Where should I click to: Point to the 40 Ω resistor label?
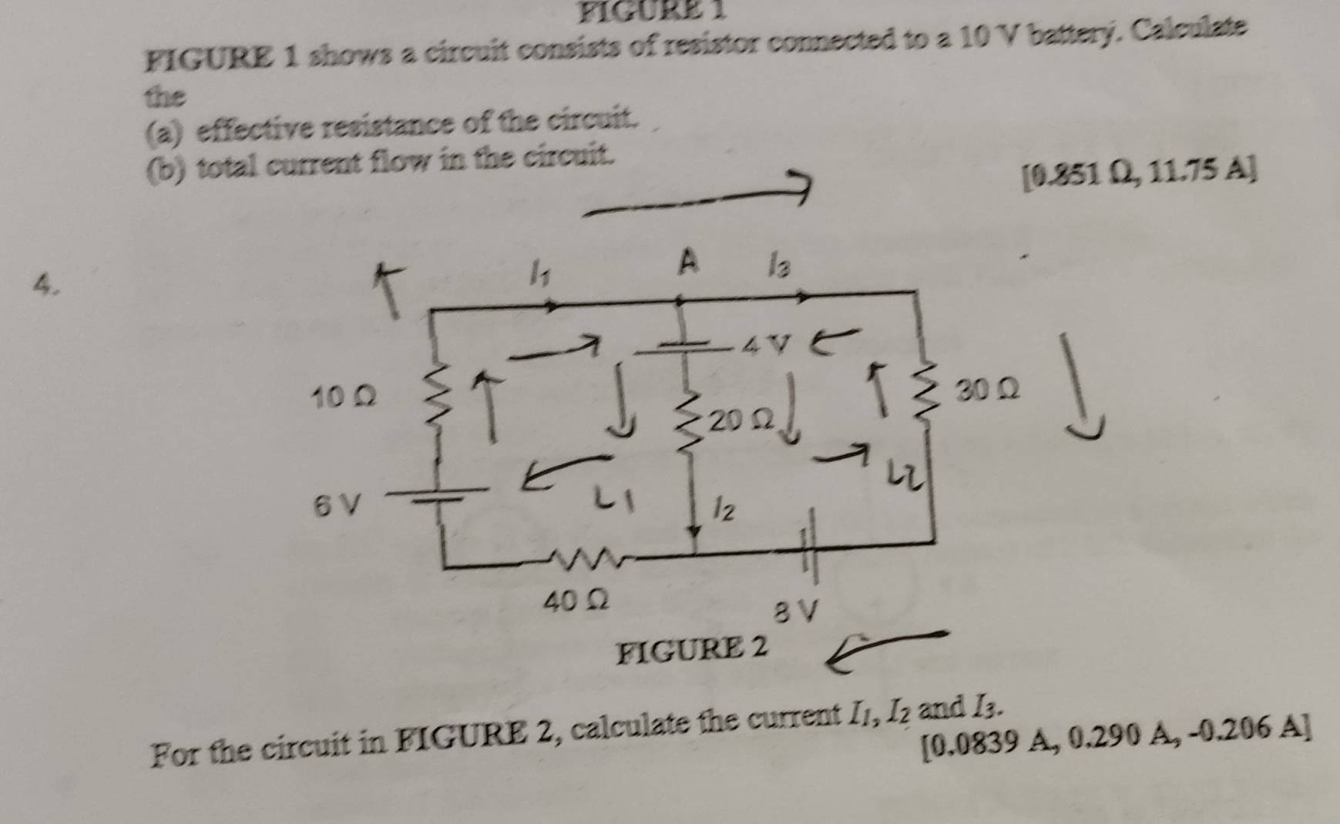tap(577, 601)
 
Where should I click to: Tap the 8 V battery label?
tap(794, 612)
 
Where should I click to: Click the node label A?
tap(688, 264)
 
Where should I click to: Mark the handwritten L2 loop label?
tap(900, 471)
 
